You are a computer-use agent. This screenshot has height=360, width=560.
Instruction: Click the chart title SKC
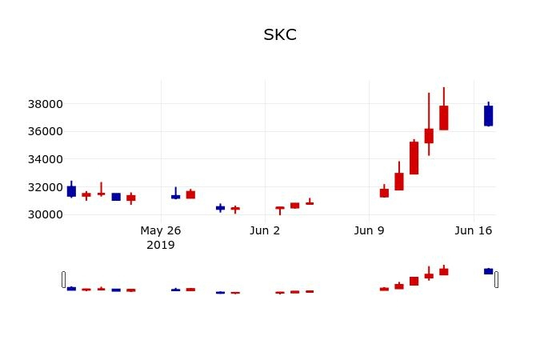pos(280,35)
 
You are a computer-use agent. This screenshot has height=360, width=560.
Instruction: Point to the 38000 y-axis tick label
pos(46,104)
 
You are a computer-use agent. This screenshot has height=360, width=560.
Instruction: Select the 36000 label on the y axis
pos(46,131)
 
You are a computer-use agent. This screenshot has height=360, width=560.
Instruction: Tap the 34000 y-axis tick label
pos(46,159)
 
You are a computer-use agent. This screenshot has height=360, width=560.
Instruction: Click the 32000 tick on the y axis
pos(46,187)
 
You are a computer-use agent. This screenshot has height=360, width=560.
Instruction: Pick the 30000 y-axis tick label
pos(46,214)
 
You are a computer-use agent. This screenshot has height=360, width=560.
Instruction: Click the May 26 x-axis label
pos(161,230)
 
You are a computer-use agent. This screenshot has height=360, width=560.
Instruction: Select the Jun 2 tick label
pos(265,230)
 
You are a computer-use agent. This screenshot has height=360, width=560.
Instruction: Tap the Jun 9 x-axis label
pos(369,230)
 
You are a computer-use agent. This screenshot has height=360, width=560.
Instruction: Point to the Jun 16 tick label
pos(473,230)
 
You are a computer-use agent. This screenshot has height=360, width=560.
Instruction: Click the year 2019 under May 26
pos(161,245)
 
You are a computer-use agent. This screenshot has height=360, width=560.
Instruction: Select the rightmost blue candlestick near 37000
pos(488,116)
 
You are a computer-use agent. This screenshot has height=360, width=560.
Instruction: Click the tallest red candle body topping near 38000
pos(443,118)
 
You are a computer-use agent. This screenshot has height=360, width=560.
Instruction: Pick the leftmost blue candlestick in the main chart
pos(71,191)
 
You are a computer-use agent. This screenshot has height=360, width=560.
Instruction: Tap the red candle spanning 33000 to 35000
pos(414,158)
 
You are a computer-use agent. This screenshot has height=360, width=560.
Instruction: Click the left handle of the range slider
pos(64,279)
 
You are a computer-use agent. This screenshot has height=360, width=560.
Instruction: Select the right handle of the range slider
pos(496,279)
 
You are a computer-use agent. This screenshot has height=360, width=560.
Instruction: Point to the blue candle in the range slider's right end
pos(488,271)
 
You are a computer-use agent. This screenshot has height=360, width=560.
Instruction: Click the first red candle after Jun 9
pos(384,193)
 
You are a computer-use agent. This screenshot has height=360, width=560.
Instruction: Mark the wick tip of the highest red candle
pos(443,88)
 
